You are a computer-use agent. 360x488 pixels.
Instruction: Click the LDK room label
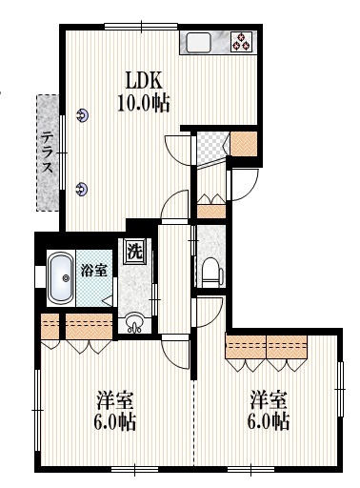point(144,80)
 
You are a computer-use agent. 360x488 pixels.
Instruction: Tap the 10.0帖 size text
point(144,103)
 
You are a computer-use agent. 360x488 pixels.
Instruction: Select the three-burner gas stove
point(242,42)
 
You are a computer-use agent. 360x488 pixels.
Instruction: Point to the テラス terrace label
point(48,152)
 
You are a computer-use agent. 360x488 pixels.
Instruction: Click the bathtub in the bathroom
point(61,278)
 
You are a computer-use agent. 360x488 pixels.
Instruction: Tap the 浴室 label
point(93,271)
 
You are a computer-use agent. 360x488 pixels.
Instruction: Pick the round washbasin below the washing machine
point(134,323)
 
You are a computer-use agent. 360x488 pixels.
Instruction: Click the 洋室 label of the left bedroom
point(115,400)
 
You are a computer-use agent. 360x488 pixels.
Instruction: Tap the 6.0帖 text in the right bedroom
point(269,421)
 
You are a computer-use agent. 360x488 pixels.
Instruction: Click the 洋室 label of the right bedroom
point(269,400)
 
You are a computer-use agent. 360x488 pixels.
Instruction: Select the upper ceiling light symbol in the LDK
point(82,115)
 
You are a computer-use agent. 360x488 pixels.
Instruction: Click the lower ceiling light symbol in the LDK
point(82,189)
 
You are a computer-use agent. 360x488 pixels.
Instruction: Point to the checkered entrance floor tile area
point(210,146)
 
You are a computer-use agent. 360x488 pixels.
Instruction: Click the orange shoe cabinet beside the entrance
point(243,144)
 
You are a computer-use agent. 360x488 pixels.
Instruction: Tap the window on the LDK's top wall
point(141,27)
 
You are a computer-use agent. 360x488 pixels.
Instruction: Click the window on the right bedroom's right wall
point(340,389)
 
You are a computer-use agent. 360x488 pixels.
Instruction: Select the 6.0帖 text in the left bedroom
point(115,421)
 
